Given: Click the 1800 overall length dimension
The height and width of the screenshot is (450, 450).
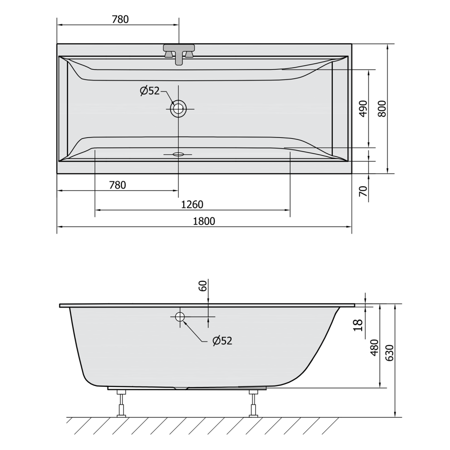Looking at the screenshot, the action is point(204,221).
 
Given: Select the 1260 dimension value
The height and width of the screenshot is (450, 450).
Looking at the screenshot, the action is point(192,204).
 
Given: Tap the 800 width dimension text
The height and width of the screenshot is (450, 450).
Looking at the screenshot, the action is point(382,109).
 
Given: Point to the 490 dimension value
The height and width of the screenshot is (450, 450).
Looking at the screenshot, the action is point(363,109).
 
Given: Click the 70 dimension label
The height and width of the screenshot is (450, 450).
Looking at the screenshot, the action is point(363,191).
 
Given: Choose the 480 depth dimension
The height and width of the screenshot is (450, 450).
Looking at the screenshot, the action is point(375,347).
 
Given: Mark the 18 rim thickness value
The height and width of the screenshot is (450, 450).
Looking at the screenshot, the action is point(358,326).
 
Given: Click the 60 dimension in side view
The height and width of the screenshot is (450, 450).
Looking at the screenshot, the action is point(203,286).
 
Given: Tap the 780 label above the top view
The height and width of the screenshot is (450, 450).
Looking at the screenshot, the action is point(120,19).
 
